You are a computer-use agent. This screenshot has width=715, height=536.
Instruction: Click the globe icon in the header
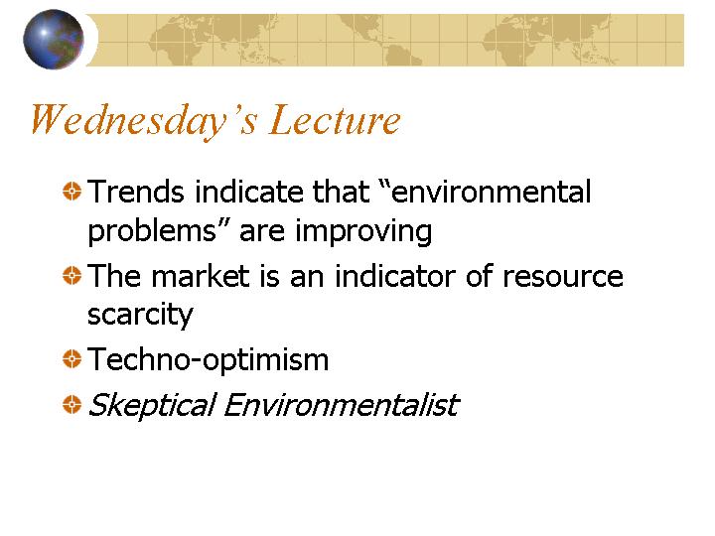tap(54, 39)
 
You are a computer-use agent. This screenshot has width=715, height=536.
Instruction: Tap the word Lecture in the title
tap(336, 119)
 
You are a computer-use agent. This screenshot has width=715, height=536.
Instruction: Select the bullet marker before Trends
tap(71, 191)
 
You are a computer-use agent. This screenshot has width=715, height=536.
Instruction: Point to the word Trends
tap(136, 192)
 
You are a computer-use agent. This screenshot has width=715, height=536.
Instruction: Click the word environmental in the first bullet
tap(492, 192)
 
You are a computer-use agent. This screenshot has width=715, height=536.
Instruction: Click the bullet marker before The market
tap(71, 275)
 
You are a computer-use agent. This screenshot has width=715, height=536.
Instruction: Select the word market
tap(201, 276)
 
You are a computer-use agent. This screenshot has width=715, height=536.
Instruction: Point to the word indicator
tap(395, 276)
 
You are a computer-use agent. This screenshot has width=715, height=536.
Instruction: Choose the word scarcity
tap(140, 316)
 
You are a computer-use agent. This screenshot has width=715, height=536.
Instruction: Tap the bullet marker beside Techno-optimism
tap(71, 358)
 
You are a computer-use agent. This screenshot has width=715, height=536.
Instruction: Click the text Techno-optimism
tap(208, 360)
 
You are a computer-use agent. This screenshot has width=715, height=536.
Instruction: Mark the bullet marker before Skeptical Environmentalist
tap(71, 404)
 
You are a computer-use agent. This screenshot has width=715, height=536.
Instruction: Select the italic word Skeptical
tap(152, 405)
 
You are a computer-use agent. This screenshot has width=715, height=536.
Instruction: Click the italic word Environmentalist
tap(342, 405)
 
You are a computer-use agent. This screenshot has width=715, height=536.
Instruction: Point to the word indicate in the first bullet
tap(249, 192)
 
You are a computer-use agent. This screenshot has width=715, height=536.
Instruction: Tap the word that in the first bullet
tap(341, 192)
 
